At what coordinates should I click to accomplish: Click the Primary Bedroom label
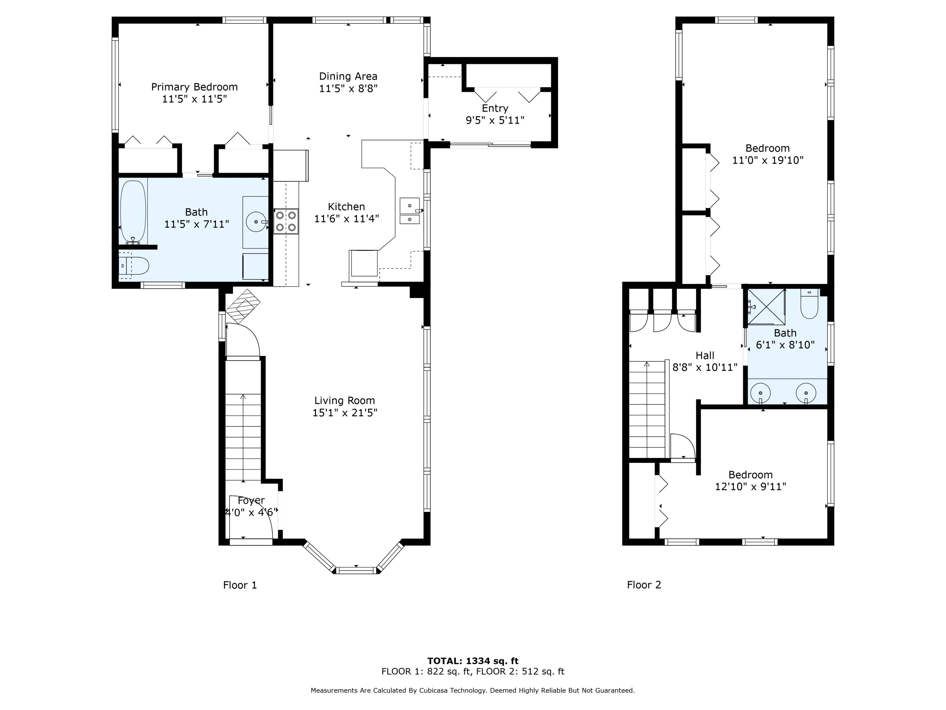point(195,87)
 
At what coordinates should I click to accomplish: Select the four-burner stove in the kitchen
point(286,221)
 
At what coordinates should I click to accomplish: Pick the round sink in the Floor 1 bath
point(257,222)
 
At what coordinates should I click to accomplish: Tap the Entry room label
point(495,108)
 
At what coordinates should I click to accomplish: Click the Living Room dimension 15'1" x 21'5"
point(345,412)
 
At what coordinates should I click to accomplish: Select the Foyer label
point(251,500)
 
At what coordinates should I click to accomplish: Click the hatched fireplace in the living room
point(243,306)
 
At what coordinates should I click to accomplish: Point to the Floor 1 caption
point(240,585)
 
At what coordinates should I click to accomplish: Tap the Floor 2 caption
point(644,585)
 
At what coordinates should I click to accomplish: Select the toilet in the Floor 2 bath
point(809,304)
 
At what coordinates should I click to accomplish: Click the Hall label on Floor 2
point(705,356)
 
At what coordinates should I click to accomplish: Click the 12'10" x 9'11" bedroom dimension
point(750,487)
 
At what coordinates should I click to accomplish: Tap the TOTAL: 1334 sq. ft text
point(473,661)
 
